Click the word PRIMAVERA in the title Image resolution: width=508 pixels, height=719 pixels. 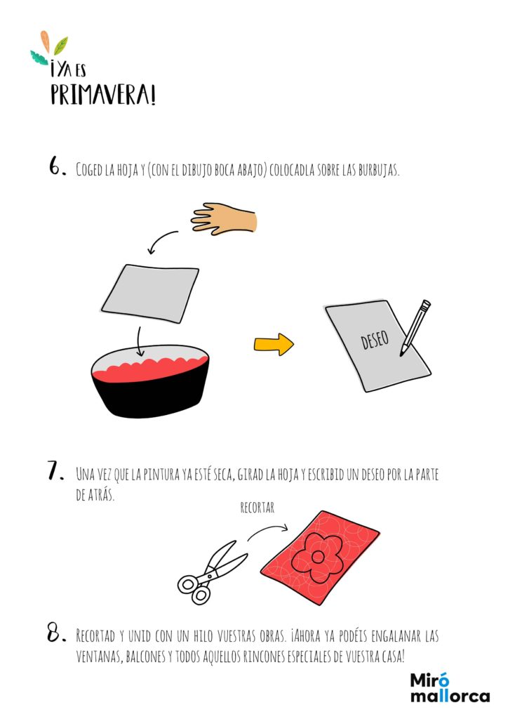[x=103, y=95]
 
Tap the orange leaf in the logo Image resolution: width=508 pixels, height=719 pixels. [x=45, y=41]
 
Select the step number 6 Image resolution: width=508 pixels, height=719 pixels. [x=57, y=166]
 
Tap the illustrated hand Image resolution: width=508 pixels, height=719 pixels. [x=224, y=219]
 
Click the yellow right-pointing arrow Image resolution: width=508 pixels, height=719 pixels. [x=274, y=344]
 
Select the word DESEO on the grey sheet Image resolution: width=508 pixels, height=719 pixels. [x=375, y=339]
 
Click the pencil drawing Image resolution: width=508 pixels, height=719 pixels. [x=415, y=327]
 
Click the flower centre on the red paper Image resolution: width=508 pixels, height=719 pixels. [x=317, y=558]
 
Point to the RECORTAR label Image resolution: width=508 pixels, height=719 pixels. [x=257, y=508]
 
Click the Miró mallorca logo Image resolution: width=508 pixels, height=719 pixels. [x=450, y=688]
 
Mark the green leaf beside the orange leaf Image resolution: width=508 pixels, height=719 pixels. [x=60, y=46]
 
